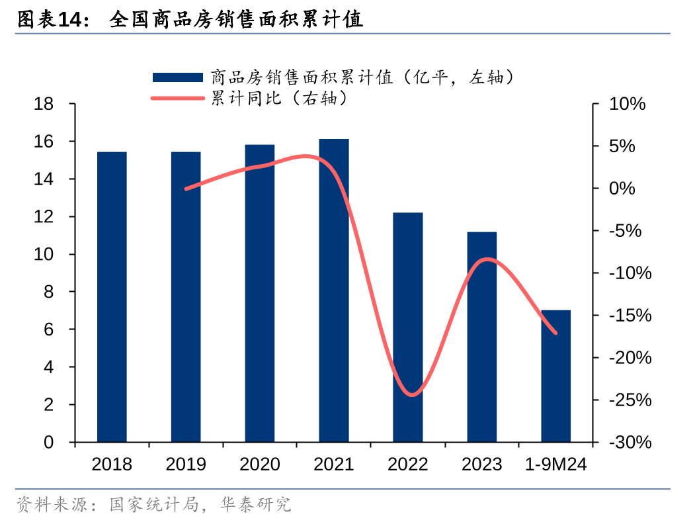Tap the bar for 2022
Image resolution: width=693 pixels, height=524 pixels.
point(408,327)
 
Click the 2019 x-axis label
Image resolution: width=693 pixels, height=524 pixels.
point(186,464)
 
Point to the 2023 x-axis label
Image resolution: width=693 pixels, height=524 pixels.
point(481,464)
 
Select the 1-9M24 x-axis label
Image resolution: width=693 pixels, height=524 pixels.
point(556,464)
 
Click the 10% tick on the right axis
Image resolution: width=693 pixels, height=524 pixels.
point(627,105)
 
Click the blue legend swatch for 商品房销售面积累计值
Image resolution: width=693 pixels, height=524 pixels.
point(177,77)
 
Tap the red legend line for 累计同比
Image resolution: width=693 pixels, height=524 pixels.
point(177,99)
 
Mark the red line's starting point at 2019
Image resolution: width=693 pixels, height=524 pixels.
point(186,189)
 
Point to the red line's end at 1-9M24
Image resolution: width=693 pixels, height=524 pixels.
point(555,333)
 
